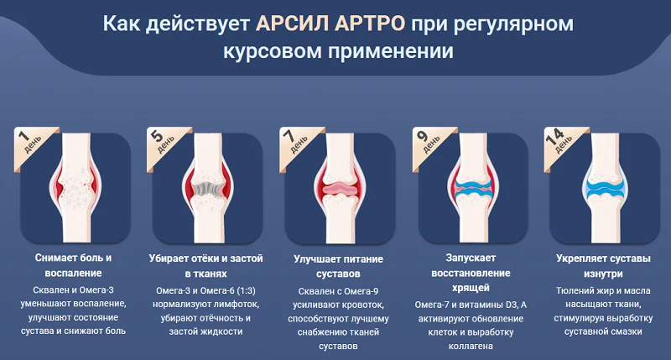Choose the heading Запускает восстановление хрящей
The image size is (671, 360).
[466, 266]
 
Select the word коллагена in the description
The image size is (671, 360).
[466, 345]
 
